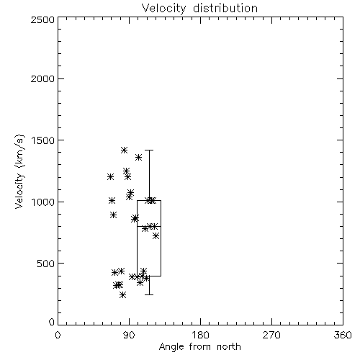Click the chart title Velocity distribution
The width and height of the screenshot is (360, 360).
(199, 8)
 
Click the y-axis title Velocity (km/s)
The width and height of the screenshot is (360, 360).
(19, 171)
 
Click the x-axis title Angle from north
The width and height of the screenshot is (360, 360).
(199, 346)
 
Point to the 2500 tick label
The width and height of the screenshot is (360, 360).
(42, 19)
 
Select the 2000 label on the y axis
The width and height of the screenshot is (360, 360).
(42, 78)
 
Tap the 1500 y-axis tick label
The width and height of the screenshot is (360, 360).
(43, 140)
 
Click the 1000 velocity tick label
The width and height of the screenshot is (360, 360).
(43, 202)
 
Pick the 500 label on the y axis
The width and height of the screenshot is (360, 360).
(46, 264)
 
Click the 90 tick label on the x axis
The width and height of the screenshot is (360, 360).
(129, 335)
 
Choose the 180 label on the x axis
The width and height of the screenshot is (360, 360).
(200, 335)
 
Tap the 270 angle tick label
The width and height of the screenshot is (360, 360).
(271, 335)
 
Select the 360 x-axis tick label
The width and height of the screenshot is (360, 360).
(343, 335)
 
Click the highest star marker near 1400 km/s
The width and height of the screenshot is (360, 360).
(124, 150)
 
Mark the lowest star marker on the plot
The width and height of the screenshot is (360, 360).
(122, 294)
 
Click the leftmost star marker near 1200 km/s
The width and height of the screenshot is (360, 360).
(110, 177)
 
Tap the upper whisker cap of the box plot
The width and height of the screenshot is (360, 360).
(149, 150)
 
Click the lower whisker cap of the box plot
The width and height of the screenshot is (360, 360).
(149, 294)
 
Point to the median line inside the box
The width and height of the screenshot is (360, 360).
(149, 226)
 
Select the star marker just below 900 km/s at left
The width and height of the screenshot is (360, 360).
(114, 215)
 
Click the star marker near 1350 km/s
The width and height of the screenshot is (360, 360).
(138, 158)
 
